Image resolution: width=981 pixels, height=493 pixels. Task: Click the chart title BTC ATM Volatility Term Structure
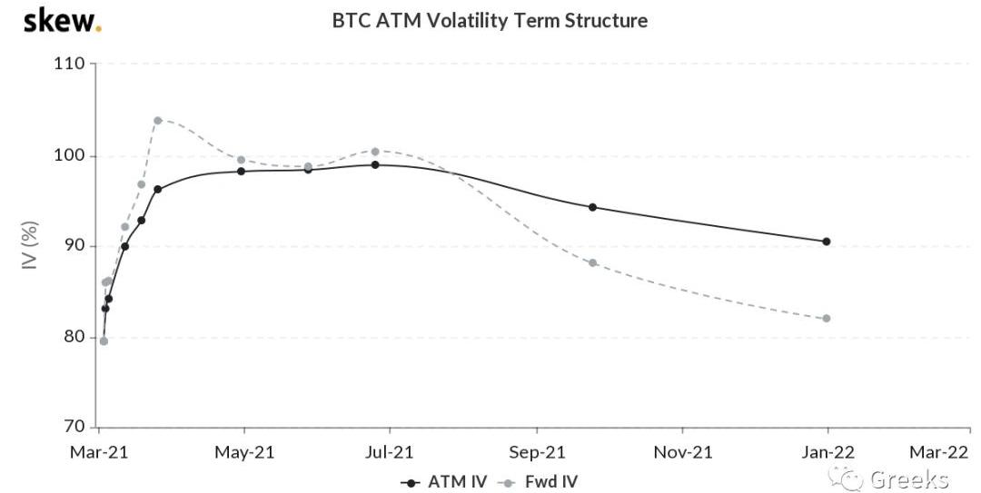pos(490,20)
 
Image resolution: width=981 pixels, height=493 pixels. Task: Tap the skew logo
pos(62,19)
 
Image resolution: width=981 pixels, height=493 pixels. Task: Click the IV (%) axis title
pos(29,246)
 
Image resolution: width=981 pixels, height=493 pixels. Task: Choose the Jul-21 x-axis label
pos(390,451)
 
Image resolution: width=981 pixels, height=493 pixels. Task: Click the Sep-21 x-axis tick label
pos(536,451)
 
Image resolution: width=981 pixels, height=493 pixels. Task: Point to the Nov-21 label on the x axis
pos(683,451)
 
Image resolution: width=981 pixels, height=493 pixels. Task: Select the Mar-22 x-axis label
pos(938,451)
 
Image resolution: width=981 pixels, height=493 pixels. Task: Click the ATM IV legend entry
pos(441,481)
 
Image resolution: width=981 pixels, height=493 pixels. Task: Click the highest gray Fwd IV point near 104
pos(158,120)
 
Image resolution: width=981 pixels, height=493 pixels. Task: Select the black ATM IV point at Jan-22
pos(827,242)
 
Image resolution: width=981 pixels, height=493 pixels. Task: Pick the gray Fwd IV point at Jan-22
pos(827,318)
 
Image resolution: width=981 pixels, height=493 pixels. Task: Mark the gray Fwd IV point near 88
pos(593,262)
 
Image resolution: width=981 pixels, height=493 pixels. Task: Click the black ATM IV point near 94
pos(593,207)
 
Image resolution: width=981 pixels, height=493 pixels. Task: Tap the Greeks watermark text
pos(908,478)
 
